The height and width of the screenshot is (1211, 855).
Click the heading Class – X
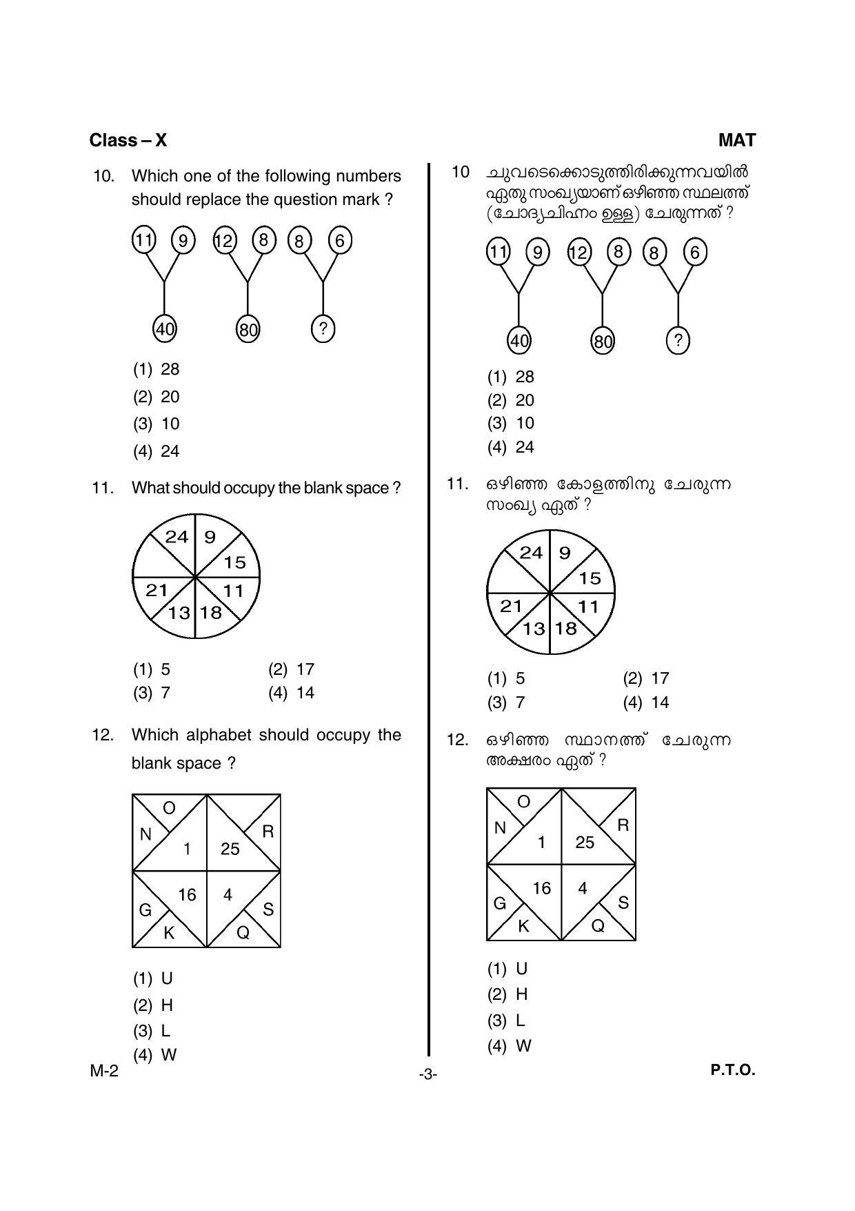pyautogui.click(x=128, y=140)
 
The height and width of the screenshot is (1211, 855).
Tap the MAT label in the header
pyautogui.click(x=736, y=140)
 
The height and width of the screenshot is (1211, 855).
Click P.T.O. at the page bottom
pyautogui.click(x=733, y=1070)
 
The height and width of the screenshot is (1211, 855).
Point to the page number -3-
pyautogui.click(x=428, y=1074)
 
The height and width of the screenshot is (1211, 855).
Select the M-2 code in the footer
pyautogui.click(x=104, y=1071)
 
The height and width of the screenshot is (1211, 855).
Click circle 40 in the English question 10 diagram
pyautogui.click(x=164, y=329)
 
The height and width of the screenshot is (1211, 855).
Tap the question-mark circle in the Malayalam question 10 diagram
pyautogui.click(x=678, y=340)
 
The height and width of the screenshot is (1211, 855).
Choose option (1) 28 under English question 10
pyautogui.click(x=157, y=369)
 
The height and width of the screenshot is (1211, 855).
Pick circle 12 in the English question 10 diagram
pyautogui.click(x=224, y=241)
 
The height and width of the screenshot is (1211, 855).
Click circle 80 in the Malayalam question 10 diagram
pyautogui.click(x=602, y=341)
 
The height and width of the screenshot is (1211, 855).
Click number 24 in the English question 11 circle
pyautogui.click(x=177, y=537)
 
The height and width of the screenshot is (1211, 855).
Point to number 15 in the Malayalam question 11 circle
pyautogui.click(x=590, y=578)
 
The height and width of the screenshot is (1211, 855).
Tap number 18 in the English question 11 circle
pyautogui.click(x=211, y=612)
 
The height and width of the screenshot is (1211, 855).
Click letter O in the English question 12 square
pyautogui.click(x=169, y=808)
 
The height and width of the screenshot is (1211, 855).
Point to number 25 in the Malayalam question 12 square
pyautogui.click(x=585, y=842)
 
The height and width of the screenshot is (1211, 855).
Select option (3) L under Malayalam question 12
pyautogui.click(x=507, y=1020)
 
